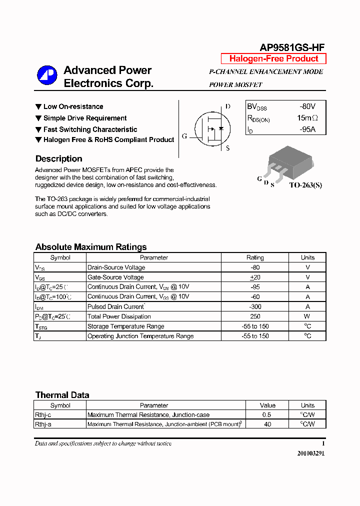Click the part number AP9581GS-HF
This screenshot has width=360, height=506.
(x=292, y=47)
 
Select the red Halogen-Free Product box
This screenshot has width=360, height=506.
(x=273, y=58)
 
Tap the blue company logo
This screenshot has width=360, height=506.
(x=47, y=75)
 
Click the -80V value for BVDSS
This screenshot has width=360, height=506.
(x=307, y=106)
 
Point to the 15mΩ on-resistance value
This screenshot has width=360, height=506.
(x=307, y=118)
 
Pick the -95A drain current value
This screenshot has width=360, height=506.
(x=308, y=129)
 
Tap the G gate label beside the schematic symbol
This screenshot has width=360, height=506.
(x=184, y=136)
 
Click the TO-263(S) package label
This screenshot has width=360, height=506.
(x=305, y=185)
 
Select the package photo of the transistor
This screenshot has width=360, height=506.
(x=289, y=161)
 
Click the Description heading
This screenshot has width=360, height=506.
(x=59, y=159)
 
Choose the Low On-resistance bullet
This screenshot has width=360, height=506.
(x=69, y=106)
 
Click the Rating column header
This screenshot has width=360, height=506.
(x=255, y=257)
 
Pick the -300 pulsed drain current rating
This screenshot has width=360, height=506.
(x=255, y=306)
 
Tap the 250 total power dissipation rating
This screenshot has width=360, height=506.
(x=255, y=316)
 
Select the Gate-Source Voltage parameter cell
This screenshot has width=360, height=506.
(x=115, y=277)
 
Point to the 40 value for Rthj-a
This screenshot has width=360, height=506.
(x=267, y=424)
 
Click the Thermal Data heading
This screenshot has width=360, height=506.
(x=62, y=395)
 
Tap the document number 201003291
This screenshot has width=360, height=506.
(x=311, y=453)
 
